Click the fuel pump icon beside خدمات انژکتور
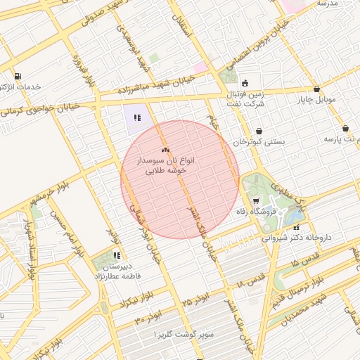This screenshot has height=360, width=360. (17, 76)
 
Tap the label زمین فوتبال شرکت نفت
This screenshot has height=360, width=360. (243, 98)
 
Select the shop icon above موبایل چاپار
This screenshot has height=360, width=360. (317, 89)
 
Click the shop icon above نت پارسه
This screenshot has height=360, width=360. (345, 128)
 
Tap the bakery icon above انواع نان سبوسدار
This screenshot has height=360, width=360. (165, 150)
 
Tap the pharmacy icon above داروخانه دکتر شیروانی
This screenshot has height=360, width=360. (296, 226)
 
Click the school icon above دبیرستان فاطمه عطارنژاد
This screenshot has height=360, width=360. (117, 256)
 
